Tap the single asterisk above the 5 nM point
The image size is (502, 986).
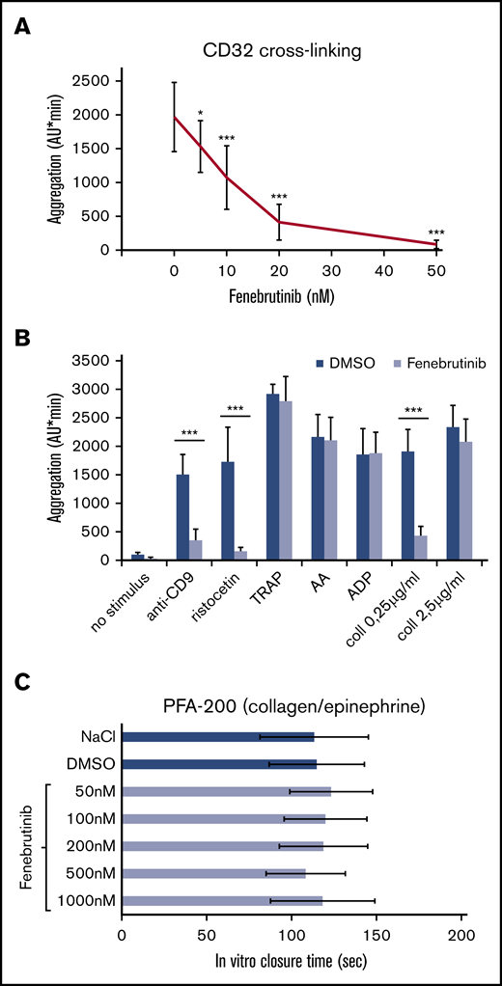click(x=200, y=113)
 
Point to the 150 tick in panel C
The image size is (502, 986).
click(x=377, y=935)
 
